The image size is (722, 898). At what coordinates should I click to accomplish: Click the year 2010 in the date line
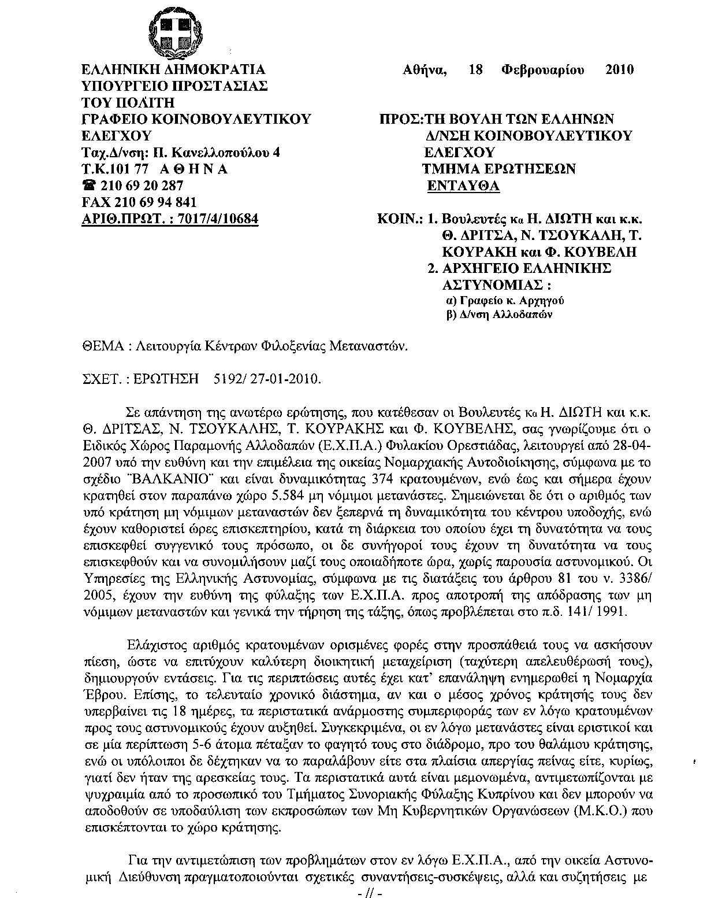point(619,70)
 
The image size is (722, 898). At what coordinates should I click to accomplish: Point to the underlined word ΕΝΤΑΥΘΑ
point(463,186)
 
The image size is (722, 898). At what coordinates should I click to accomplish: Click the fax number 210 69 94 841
point(156,202)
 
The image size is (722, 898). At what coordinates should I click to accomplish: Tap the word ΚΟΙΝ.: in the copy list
point(399,220)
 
